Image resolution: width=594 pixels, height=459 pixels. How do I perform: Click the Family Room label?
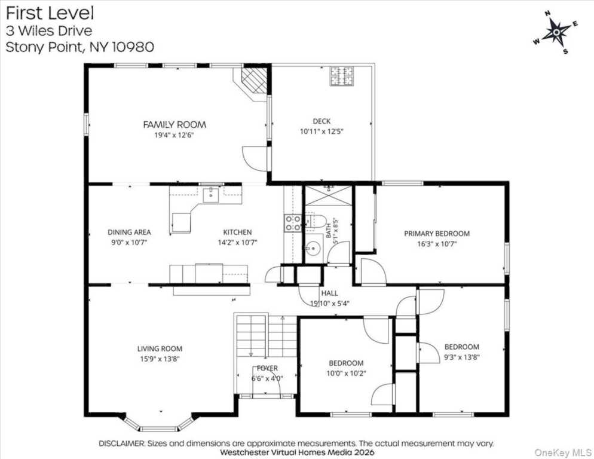tap(174, 124)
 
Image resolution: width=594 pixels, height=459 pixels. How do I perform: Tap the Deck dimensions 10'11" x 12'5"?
tap(322, 131)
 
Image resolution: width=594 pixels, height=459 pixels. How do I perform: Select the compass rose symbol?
tap(556, 33)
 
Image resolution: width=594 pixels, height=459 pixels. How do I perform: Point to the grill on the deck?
tap(341, 76)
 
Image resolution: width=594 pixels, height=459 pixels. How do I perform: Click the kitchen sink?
tap(210, 195)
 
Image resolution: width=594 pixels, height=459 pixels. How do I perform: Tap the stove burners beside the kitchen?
tap(292, 223)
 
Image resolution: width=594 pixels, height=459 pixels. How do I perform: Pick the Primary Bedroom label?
tap(437, 234)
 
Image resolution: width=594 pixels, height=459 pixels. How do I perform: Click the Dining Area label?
tap(129, 232)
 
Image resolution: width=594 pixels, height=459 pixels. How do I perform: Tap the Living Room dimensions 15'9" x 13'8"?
tap(160, 359)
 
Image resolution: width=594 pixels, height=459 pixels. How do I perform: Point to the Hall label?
tap(330, 293)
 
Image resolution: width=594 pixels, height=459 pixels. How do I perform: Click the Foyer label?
tap(268, 368)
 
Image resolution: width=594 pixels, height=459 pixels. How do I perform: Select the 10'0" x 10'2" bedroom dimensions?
tap(346, 374)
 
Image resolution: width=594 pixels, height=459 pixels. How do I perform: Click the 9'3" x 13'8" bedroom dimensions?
tap(462, 357)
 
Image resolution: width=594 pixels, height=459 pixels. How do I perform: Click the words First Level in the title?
tap(50, 13)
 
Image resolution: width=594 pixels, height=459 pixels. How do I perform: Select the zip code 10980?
tap(133, 47)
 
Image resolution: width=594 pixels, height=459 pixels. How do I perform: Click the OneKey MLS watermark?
tap(563, 452)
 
